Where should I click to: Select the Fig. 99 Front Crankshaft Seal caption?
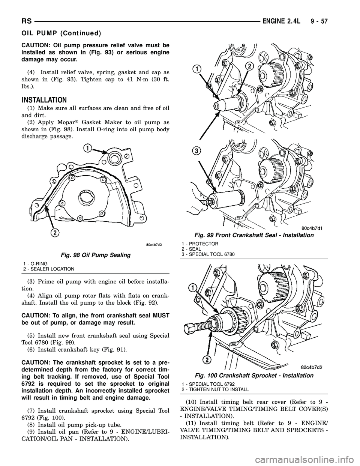pos(253,235)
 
